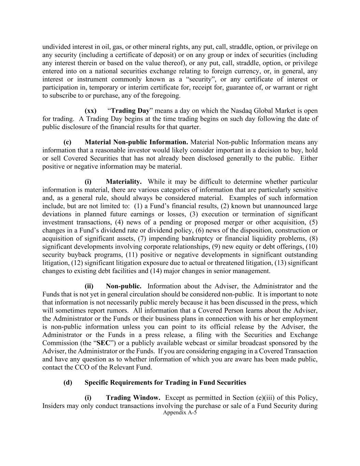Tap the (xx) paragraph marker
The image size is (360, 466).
tap(90, 111)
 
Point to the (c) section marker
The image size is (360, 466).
tap(67, 142)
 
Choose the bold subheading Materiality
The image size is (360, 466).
tap(124, 182)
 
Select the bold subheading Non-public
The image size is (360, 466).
tap(124, 286)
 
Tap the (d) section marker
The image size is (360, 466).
tap(68, 383)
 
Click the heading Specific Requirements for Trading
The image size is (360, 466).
tap(165, 383)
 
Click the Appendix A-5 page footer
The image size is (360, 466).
tap(180, 412)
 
